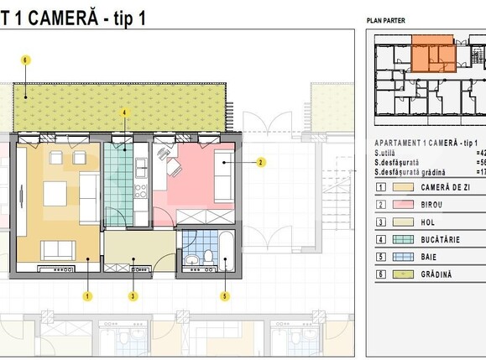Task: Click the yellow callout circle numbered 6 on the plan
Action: (x=26, y=60)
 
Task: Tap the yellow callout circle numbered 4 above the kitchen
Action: (x=124, y=112)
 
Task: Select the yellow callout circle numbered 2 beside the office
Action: (x=261, y=162)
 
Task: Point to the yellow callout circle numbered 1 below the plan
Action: (x=87, y=295)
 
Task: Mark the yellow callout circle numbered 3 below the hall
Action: (x=133, y=295)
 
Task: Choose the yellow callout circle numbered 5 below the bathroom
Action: (x=224, y=295)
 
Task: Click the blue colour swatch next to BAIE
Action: (x=406, y=257)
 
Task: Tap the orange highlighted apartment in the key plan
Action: (x=432, y=50)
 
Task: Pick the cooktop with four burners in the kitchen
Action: (x=140, y=190)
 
